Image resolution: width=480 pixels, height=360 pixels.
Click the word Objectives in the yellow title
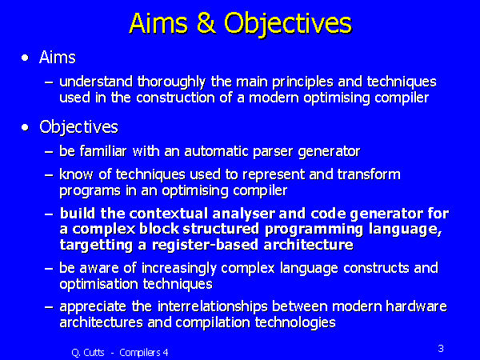(288, 22)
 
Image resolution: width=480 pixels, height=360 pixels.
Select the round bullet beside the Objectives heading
(28, 127)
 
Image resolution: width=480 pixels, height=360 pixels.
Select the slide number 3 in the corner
(441, 348)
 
